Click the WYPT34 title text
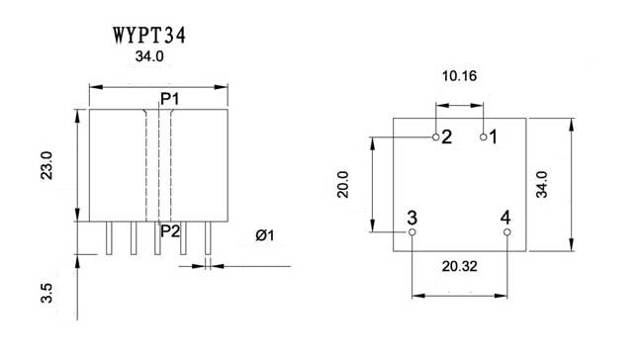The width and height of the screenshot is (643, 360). click(149, 36)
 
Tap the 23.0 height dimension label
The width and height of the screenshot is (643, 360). click(46, 165)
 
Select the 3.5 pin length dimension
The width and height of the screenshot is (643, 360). click(46, 293)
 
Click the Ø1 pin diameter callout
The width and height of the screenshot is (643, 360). click(265, 235)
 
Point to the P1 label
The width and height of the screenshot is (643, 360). click(170, 99)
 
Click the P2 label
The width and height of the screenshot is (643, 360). click(170, 231)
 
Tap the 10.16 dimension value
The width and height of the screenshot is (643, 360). click(459, 76)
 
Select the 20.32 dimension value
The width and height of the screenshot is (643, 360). click(459, 266)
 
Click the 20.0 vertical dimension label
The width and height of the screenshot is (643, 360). click(343, 185)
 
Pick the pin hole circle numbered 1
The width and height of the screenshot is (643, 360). click(484, 136)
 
